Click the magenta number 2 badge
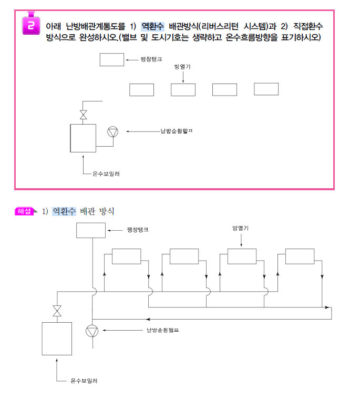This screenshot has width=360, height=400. click(x=31, y=24)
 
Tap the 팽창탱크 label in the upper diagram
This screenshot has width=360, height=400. click(x=151, y=59)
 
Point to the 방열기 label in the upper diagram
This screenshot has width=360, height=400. click(x=182, y=67)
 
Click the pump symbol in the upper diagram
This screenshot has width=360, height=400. click(x=113, y=131)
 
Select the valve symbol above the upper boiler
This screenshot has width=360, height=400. click(x=83, y=115)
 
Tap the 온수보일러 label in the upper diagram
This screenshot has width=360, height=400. click(x=106, y=174)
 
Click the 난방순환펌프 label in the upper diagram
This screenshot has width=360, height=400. click(x=177, y=131)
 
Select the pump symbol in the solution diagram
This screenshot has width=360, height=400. click(x=92, y=331)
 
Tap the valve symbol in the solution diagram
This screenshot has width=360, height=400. click(x=57, y=311)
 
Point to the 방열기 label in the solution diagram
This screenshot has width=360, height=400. click(x=241, y=228)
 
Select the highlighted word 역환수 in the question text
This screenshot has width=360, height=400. click(x=152, y=26)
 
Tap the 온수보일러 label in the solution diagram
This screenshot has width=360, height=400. click(x=84, y=381)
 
